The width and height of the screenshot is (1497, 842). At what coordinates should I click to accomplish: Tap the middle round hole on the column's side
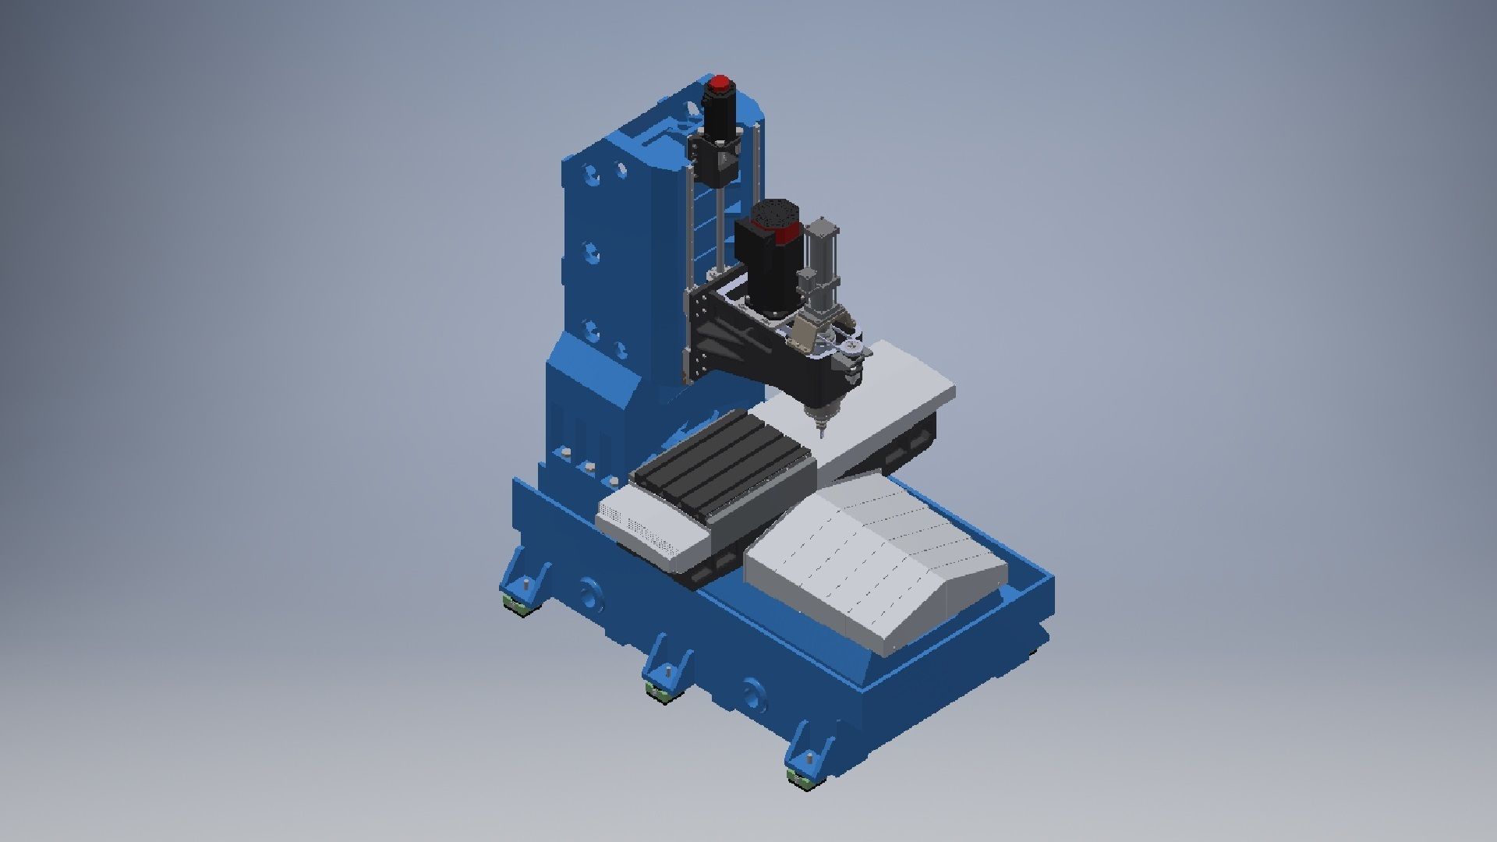(x=593, y=253)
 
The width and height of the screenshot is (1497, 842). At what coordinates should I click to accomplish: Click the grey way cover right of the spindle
(x=897, y=390)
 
